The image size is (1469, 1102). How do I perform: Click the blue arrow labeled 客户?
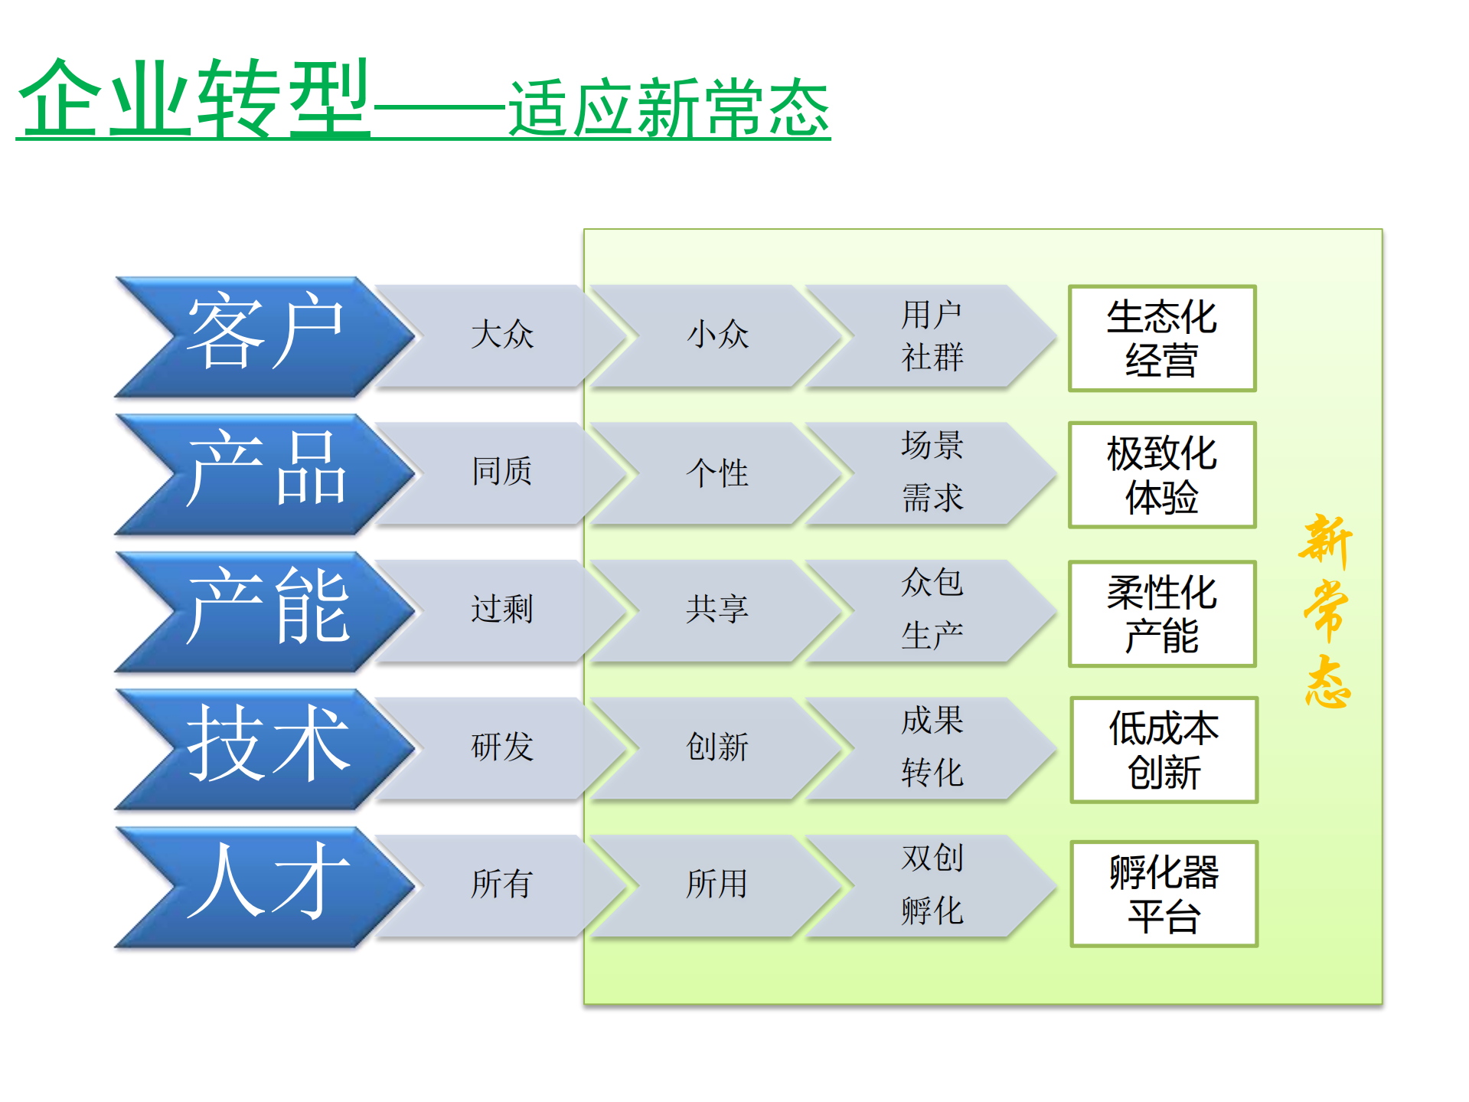click(264, 335)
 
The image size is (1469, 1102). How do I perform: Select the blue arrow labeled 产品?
click(264, 473)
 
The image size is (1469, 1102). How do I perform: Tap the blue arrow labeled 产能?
click(264, 610)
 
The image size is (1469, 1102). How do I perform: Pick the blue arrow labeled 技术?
click(264, 747)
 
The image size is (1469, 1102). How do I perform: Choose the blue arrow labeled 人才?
click(264, 885)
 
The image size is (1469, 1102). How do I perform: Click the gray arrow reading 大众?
click(501, 335)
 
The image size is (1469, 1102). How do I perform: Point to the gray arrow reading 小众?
click(717, 335)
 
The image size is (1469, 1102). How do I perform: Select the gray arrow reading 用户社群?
click(932, 335)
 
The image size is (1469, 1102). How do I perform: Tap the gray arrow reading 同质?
click(501, 473)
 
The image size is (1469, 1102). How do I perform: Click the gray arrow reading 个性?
click(717, 473)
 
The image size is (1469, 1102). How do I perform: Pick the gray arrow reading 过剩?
click(501, 610)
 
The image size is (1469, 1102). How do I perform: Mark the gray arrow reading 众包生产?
click(932, 610)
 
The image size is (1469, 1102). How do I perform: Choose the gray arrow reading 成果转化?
click(932, 747)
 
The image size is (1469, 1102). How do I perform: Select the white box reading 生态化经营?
click(1161, 338)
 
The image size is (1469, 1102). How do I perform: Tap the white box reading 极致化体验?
click(1161, 475)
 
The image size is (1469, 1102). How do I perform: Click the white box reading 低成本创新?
click(1164, 750)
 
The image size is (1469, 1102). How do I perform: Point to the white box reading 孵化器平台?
click(1164, 894)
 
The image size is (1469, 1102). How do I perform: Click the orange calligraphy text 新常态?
click(1327, 610)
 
